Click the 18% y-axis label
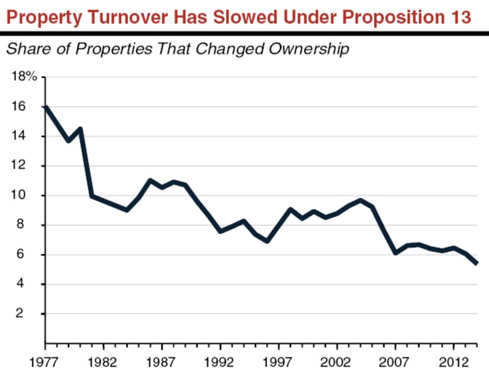pyautogui.click(x=24, y=77)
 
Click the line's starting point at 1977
pyautogui.click(x=46, y=107)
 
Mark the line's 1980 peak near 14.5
pyautogui.click(x=80, y=129)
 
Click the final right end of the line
pyautogui.click(x=477, y=263)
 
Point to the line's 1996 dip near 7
pyautogui.click(x=267, y=241)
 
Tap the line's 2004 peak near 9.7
pyautogui.click(x=361, y=200)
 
